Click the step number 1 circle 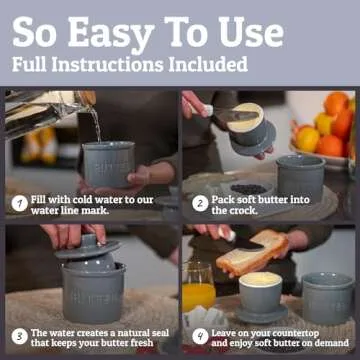[18, 204]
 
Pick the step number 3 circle [18, 337]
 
